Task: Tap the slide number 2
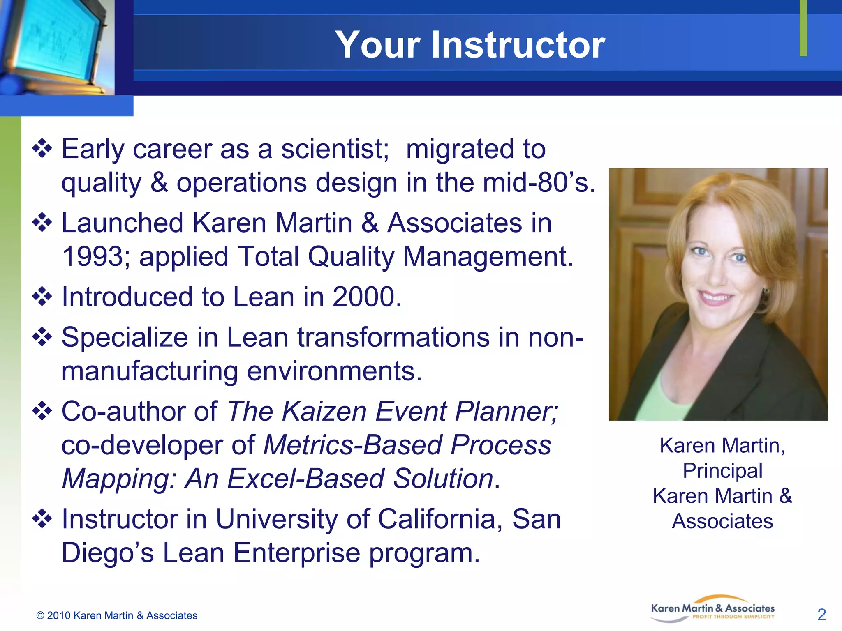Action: click(821, 615)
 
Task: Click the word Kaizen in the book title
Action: click(324, 411)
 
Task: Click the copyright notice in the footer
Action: click(117, 615)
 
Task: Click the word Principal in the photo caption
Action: click(722, 471)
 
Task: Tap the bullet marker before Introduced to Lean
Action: click(42, 297)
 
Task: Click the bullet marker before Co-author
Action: click(42, 411)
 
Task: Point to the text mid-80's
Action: click(539, 183)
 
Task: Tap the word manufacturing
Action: click(149, 372)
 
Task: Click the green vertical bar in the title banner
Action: click(803, 28)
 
